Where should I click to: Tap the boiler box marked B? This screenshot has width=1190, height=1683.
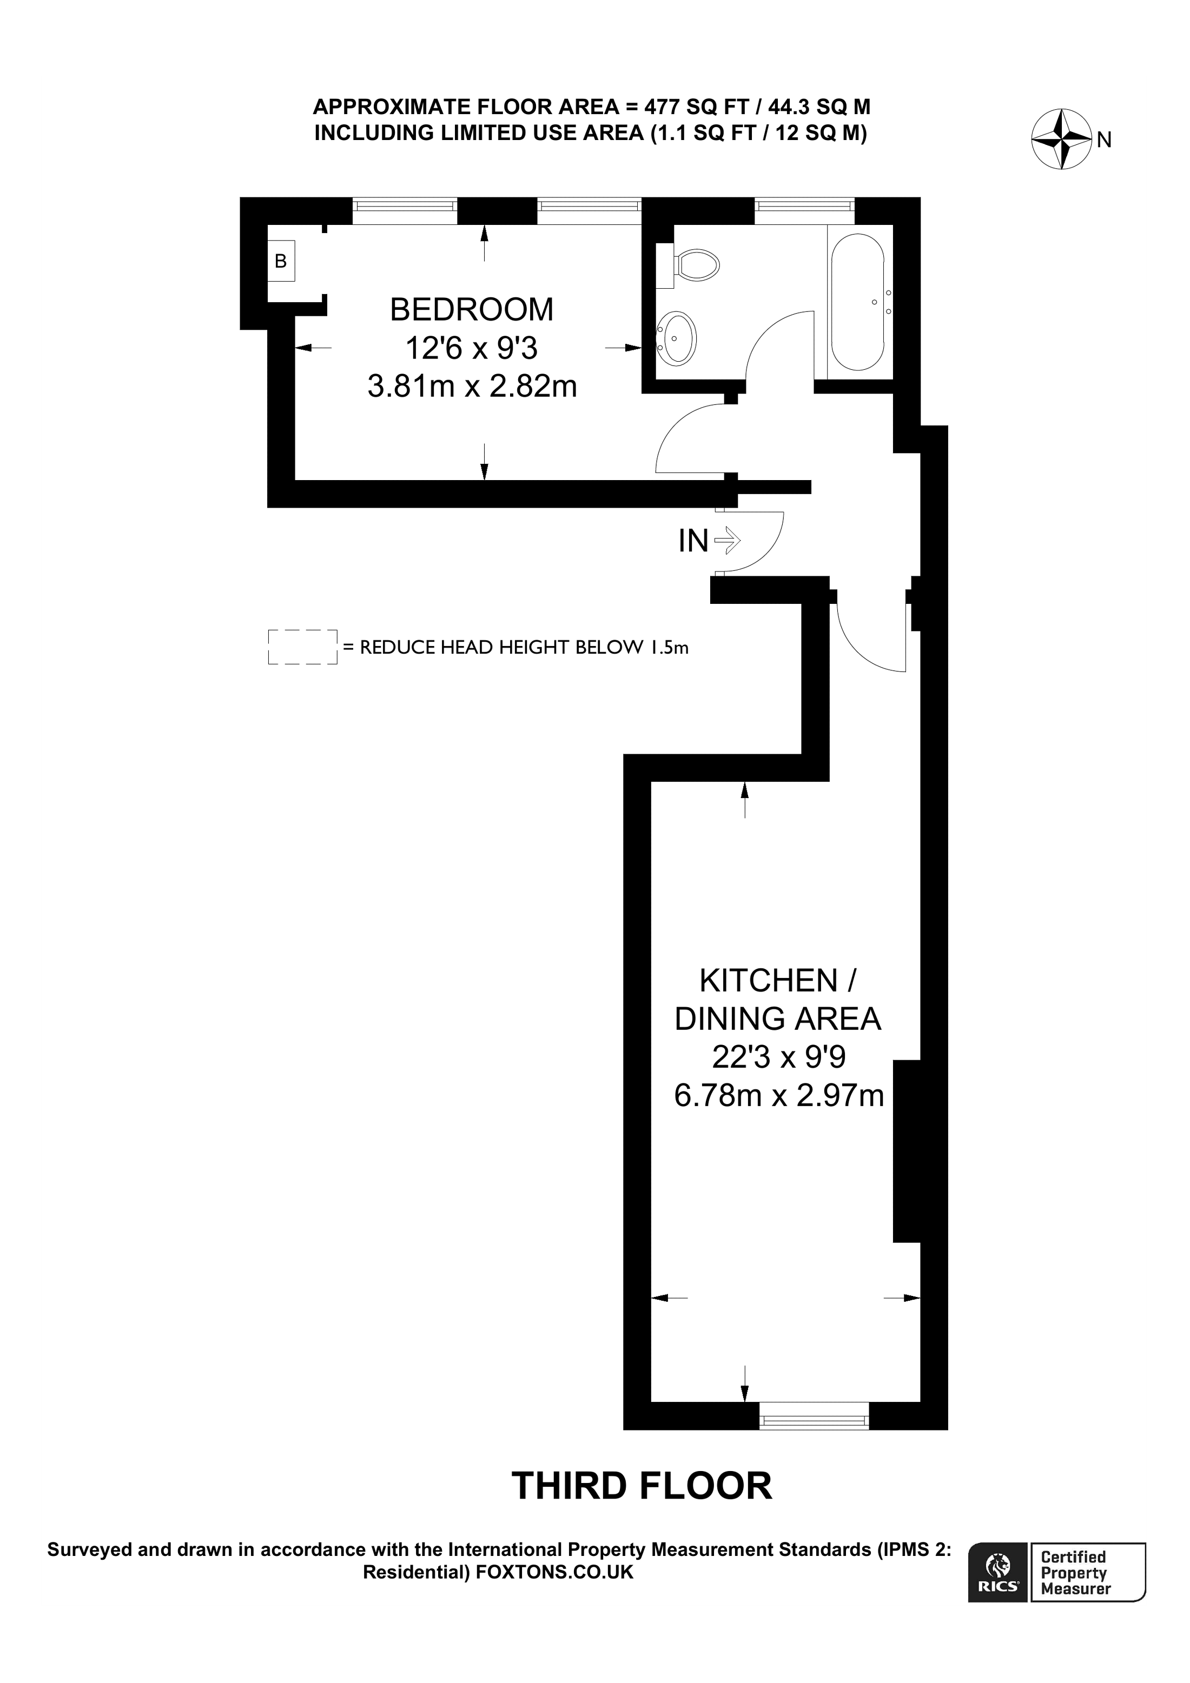(x=281, y=261)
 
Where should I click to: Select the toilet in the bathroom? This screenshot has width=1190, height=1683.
(x=697, y=265)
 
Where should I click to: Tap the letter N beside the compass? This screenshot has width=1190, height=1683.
(x=1104, y=140)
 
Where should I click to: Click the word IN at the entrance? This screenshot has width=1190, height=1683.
(x=693, y=542)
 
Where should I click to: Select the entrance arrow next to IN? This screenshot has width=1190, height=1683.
(x=728, y=542)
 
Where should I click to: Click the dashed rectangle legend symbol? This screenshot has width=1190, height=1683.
(x=302, y=647)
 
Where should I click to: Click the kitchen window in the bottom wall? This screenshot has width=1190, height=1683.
(x=814, y=1415)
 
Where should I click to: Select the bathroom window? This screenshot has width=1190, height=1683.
(x=804, y=211)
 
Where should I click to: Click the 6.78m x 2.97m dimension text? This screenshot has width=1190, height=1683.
(x=779, y=1095)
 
